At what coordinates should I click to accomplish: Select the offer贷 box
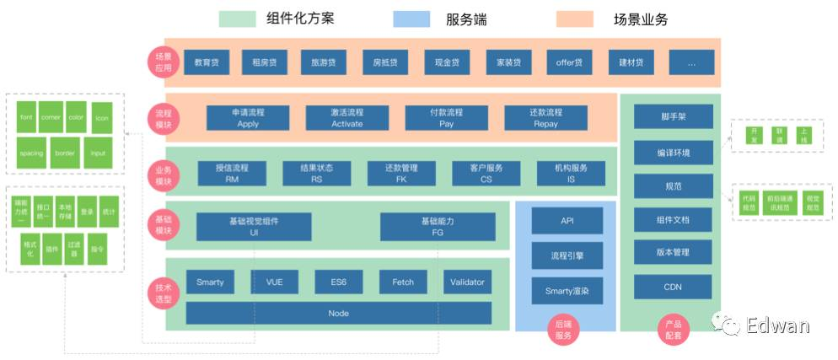coord(569,62)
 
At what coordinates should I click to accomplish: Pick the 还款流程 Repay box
coord(545,117)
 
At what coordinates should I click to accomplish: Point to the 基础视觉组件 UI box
coord(253,226)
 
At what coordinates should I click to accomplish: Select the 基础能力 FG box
coord(437,226)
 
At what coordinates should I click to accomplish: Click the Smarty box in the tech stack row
coord(210,282)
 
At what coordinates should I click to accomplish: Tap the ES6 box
coord(338,282)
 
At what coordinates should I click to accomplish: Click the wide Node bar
coord(338,313)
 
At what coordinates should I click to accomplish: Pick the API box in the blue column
coord(567,221)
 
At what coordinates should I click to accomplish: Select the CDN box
coord(673,287)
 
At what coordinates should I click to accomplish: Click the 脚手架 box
coord(673,117)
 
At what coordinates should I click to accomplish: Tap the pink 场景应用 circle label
coord(161,62)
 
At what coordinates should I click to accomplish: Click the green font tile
coord(26,118)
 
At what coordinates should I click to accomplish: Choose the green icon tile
coord(102,118)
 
